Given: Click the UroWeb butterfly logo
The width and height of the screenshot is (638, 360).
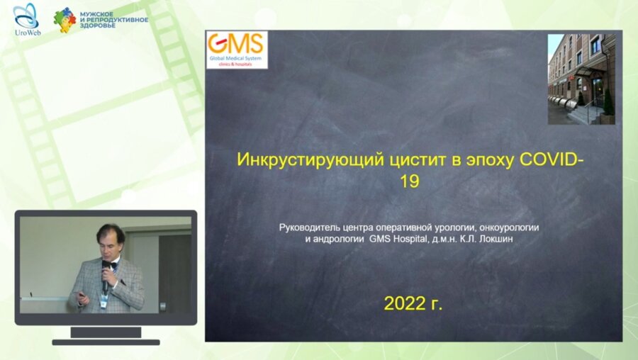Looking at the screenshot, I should click(26, 16).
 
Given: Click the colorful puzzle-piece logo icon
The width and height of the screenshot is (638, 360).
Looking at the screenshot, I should click(64, 20).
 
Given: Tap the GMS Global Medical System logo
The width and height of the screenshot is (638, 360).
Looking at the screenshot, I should click(237, 49).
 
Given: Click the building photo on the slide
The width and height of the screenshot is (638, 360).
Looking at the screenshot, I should click(581, 79).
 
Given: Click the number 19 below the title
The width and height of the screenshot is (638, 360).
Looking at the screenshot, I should click(409, 181).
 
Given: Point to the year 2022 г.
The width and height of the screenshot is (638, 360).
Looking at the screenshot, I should click(413, 304).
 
